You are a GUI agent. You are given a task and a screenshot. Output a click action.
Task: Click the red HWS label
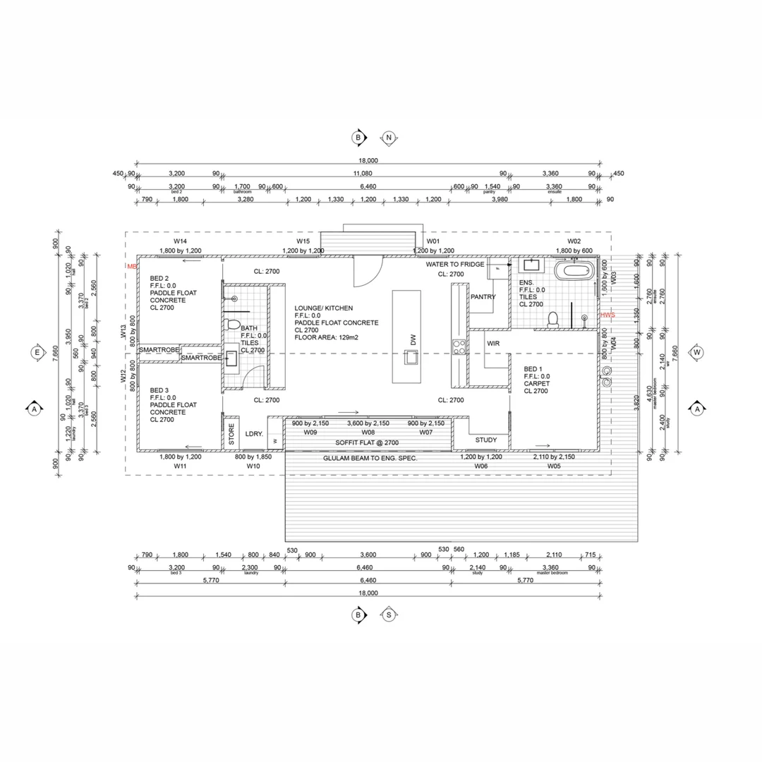click(607, 315)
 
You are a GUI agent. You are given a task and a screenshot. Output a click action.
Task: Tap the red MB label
click(131, 266)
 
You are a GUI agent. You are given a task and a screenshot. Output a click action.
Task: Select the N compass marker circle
click(389, 137)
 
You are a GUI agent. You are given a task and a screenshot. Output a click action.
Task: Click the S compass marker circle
click(389, 615)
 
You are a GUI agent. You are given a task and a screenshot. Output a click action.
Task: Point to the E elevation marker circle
click(36, 352)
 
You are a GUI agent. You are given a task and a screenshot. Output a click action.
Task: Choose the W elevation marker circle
click(697, 352)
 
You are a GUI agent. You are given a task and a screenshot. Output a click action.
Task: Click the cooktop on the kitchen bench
click(459, 346)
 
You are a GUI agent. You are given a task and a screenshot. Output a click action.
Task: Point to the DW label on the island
click(413, 340)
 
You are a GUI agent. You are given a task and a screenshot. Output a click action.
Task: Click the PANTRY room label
click(483, 297)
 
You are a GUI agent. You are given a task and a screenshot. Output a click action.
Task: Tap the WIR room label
click(493, 344)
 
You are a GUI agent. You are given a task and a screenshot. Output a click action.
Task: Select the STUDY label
click(485, 440)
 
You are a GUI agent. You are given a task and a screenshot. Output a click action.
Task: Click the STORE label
click(230, 435)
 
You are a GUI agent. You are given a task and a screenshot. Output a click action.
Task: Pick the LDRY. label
click(254, 435)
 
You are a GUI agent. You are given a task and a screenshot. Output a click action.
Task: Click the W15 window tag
click(303, 241)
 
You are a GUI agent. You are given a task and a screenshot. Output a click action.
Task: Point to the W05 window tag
click(554, 466)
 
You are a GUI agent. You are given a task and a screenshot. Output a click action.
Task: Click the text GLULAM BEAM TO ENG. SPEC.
click(370, 459)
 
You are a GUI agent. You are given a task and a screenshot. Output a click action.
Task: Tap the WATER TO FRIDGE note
click(454, 264)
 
